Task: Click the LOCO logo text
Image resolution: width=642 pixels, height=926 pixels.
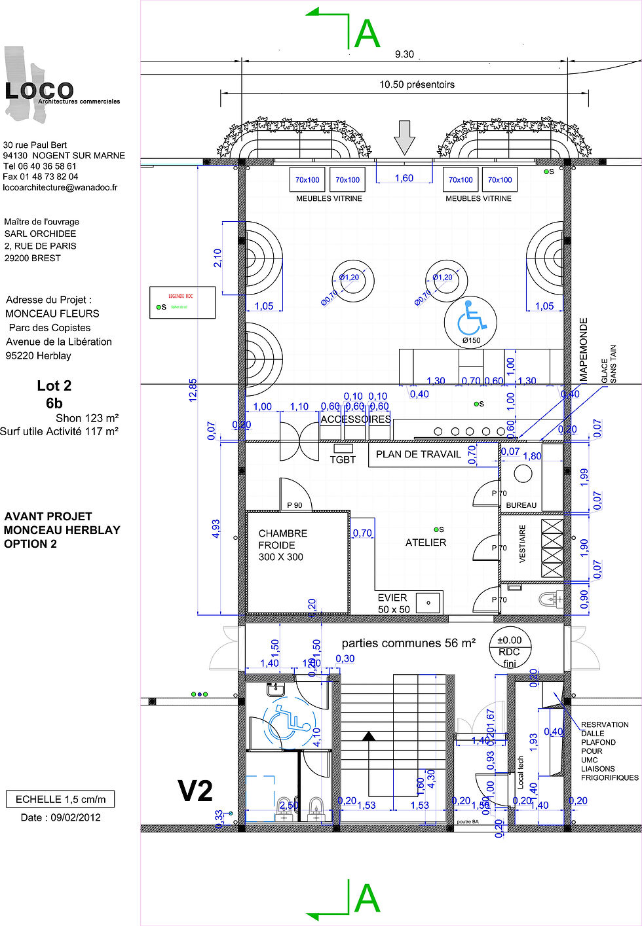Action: click(x=39, y=90)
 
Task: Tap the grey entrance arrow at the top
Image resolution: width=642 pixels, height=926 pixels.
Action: click(x=405, y=137)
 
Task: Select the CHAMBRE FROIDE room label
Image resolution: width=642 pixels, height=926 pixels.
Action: click(x=282, y=545)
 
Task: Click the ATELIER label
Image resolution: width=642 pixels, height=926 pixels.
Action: click(x=425, y=543)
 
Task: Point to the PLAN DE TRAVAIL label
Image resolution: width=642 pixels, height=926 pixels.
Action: click(x=418, y=454)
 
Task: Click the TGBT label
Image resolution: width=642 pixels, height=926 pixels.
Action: click(x=343, y=460)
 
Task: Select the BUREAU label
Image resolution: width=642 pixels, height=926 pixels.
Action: click(x=521, y=505)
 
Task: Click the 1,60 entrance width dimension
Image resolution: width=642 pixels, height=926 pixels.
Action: click(x=404, y=178)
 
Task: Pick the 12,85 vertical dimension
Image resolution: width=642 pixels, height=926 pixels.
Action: click(x=193, y=389)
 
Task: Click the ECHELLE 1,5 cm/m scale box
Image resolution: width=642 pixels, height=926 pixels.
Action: click(x=60, y=799)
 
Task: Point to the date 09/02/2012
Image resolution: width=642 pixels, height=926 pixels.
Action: click(x=60, y=817)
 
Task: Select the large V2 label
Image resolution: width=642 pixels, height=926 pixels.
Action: click(x=195, y=791)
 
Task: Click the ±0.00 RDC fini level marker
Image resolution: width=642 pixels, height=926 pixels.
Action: click(x=509, y=650)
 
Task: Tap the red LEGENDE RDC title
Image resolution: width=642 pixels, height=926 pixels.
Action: click(x=181, y=296)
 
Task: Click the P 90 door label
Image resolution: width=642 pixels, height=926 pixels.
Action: click(x=295, y=505)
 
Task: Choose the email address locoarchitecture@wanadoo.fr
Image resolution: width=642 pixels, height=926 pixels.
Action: click(x=60, y=187)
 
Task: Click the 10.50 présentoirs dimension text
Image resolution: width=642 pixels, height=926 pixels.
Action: click(x=417, y=84)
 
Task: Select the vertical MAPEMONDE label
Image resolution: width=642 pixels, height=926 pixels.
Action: click(x=584, y=349)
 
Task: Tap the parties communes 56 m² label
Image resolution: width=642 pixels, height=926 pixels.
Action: click(x=408, y=643)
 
